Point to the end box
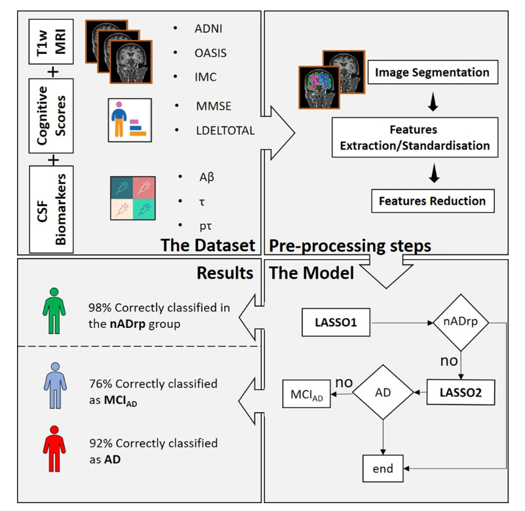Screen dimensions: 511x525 (383, 468)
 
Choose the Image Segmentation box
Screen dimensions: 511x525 (432, 73)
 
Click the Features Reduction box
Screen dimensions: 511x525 (432, 201)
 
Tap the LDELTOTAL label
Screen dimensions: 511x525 (224, 130)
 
